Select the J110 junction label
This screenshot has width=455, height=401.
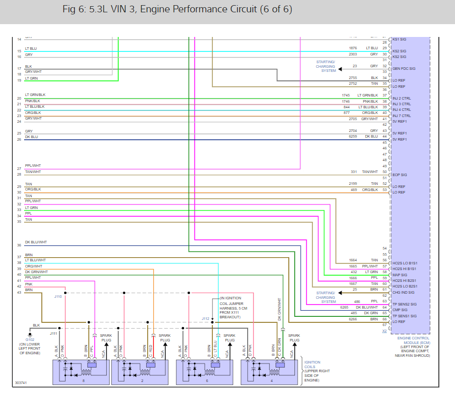pos(58,296)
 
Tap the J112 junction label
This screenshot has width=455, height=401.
pos(206,319)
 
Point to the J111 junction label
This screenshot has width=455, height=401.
pos(53,333)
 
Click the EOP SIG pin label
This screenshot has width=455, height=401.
pos(399,175)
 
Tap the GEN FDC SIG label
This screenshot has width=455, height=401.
pos(404,68)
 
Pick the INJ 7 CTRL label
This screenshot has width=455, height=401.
pos(402,115)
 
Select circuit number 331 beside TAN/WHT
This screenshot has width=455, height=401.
pos(354,172)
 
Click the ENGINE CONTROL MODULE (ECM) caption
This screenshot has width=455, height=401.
pos(413,341)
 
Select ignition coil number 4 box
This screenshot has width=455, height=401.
pos(271,372)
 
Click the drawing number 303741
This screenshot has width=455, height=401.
pos(22,383)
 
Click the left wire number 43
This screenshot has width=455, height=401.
pos(19,292)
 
